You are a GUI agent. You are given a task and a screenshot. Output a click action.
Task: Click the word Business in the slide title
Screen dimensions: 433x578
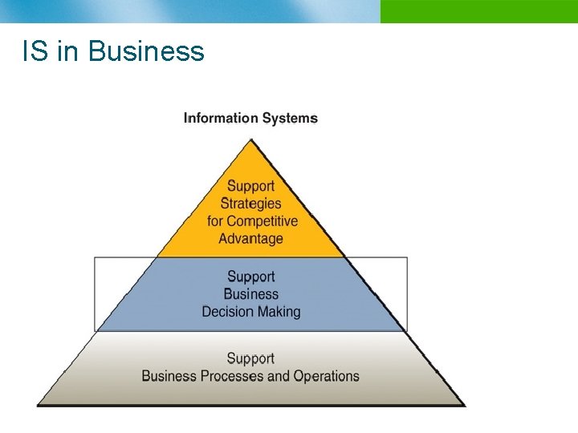(x=146, y=51)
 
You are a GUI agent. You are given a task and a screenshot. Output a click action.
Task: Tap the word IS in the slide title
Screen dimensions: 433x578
(x=34, y=51)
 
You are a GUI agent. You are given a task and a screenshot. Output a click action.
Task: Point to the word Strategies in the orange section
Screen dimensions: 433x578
(x=250, y=204)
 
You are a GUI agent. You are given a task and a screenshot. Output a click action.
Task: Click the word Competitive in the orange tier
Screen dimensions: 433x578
(x=262, y=221)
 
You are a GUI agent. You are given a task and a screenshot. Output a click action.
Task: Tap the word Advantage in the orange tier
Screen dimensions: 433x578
(x=250, y=239)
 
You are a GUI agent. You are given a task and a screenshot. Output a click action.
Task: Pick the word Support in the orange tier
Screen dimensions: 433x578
(x=250, y=187)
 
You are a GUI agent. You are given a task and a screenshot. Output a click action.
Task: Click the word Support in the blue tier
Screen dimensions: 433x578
(x=250, y=277)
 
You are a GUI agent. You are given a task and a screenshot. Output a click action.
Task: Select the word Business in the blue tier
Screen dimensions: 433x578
(x=250, y=294)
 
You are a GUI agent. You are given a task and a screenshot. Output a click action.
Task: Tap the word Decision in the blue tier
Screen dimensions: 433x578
(x=228, y=312)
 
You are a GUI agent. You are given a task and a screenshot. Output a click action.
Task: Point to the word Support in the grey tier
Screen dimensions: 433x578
(x=250, y=358)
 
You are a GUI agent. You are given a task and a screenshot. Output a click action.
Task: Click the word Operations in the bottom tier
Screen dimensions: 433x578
(x=326, y=376)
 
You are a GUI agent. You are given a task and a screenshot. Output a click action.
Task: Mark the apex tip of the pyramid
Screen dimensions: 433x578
(x=251, y=140)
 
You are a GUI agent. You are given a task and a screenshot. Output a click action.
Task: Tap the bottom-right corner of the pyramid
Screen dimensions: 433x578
(x=464, y=404)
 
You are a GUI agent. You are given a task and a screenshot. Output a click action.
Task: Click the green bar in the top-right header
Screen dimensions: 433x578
(x=478, y=11)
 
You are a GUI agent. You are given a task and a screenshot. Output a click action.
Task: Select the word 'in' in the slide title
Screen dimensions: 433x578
(x=67, y=51)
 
